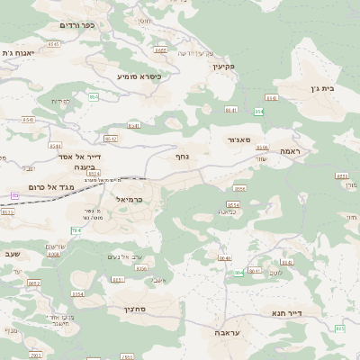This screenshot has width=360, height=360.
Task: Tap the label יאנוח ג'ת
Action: [x=19, y=53]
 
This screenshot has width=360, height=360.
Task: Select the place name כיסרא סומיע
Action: [x=139, y=76]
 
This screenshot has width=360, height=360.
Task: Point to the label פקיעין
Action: [x=223, y=67]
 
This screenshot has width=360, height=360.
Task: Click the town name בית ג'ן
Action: [x=332, y=88]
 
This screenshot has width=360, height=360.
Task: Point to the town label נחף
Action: [x=181, y=156]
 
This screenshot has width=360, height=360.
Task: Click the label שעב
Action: [x=13, y=255]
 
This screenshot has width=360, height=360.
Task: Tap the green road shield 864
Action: [x=259, y=111]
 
